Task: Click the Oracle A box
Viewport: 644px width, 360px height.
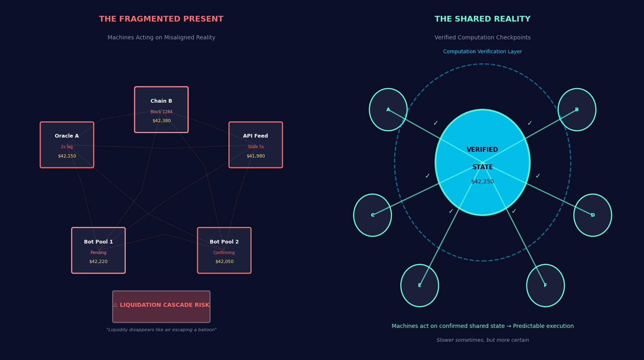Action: (x=67, y=144)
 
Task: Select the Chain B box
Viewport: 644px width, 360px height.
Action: (x=161, y=109)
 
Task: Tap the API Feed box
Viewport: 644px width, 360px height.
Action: (x=256, y=144)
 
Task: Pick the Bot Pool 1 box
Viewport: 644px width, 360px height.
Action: (x=98, y=250)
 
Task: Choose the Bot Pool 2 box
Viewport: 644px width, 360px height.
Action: (x=224, y=250)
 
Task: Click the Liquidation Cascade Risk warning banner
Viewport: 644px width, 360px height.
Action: (x=161, y=306)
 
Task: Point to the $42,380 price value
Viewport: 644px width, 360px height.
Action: (x=162, y=121)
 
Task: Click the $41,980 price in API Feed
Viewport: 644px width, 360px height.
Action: (x=256, y=156)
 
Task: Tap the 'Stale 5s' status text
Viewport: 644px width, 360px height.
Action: (x=256, y=147)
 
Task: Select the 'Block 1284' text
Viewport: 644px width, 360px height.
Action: (x=162, y=112)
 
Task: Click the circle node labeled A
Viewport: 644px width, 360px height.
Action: (x=388, y=110)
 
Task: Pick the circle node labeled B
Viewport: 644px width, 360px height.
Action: (x=577, y=110)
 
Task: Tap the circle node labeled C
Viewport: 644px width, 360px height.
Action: (x=372, y=215)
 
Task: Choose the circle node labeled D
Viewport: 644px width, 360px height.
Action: (x=592, y=215)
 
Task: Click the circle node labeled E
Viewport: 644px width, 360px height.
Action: (x=419, y=285)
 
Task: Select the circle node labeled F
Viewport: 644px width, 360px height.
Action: (x=545, y=285)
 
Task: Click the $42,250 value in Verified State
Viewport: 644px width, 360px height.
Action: (x=482, y=182)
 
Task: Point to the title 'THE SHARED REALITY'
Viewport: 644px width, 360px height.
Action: (x=482, y=19)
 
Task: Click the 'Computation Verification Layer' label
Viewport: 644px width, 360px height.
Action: (x=482, y=52)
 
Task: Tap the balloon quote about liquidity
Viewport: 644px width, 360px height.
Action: (x=161, y=330)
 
